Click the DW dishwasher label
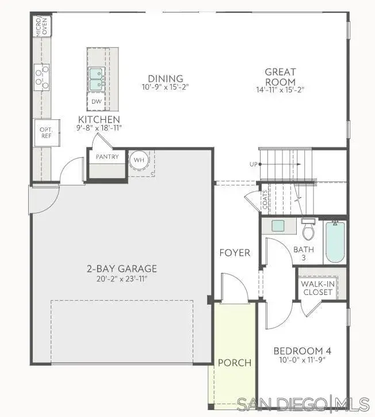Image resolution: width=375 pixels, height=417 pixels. pos(96,101)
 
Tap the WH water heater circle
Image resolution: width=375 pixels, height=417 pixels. pos(139,160)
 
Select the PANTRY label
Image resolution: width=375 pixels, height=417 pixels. pos(107,157)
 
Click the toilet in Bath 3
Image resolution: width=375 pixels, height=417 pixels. pos(308,230)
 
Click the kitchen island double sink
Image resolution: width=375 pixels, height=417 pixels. pos(96,79)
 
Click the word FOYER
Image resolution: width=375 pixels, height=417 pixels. pos(235,253)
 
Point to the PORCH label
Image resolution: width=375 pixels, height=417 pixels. pos(235,363)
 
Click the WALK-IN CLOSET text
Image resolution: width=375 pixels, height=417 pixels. pos(318,287)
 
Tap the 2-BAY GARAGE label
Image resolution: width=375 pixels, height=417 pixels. pos(122,269)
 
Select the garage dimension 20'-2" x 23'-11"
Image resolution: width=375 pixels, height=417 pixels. pos(122,279)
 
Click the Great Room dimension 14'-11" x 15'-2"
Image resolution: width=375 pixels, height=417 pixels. pos(280,89)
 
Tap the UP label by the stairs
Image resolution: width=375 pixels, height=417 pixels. pos(253,165)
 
